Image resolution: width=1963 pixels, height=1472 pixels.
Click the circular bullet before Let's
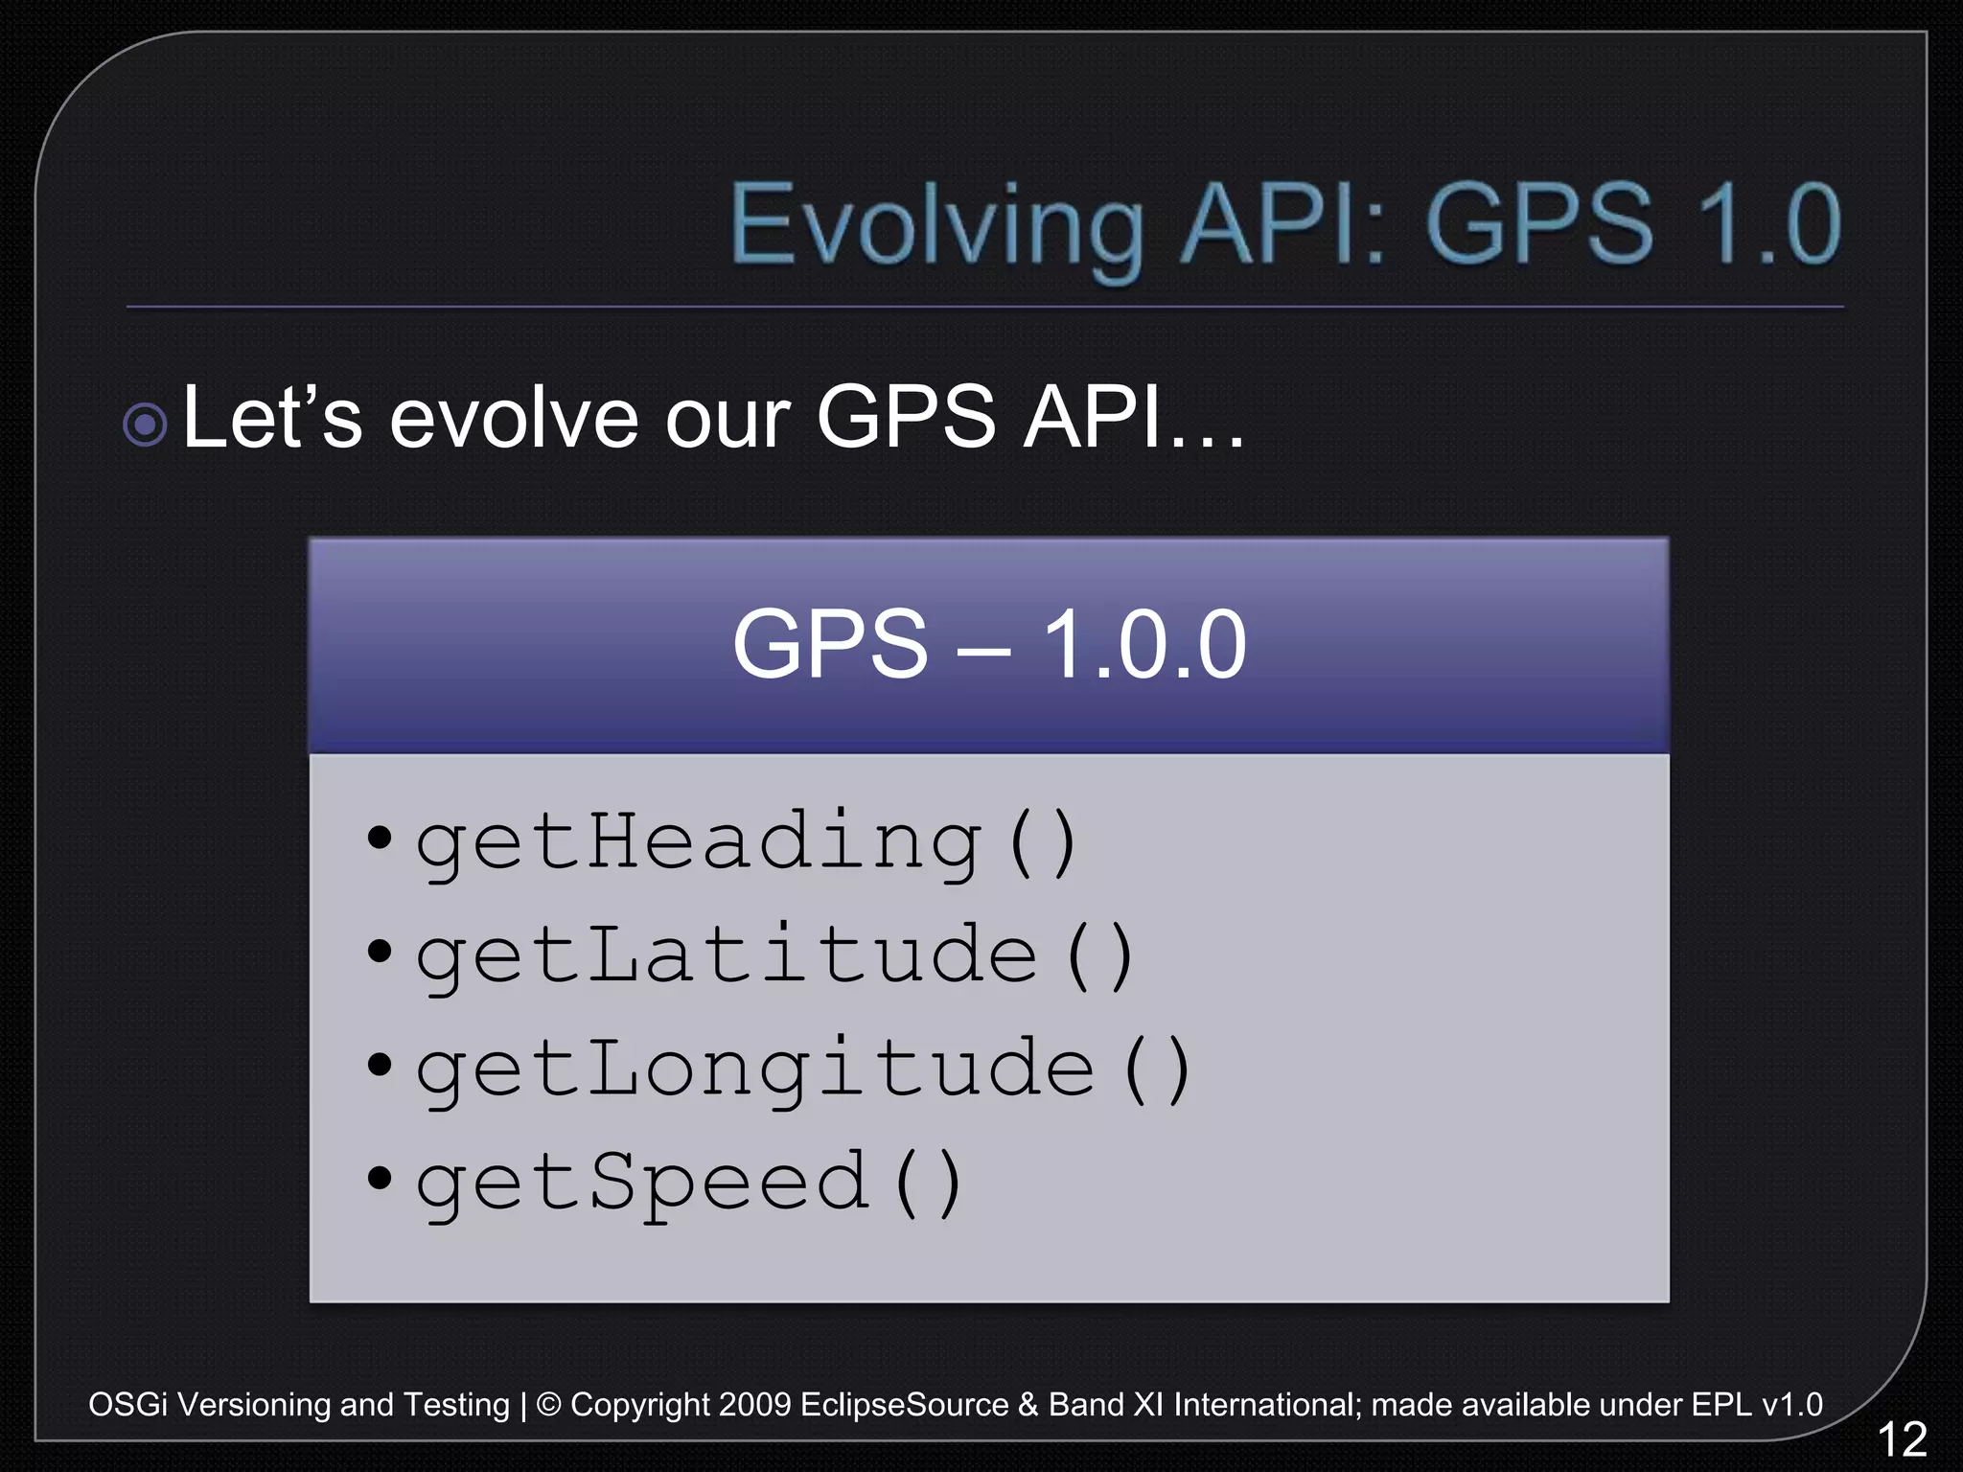pyautogui.click(x=146, y=425)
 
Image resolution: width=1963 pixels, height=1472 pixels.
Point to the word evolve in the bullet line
pyautogui.click(x=514, y=418)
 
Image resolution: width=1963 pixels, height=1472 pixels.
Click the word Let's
pyautogui.click(x=272, y=418)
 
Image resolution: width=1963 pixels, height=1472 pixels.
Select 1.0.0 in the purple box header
pyautogui.click(x=1144, y=646)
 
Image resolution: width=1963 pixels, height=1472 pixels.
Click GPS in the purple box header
pyautogui.click(x=830, y=646)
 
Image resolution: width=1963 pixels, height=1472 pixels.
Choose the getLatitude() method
pyautogui.click(x=774, y=956)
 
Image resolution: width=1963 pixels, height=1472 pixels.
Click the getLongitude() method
pyautogui.click(x=803, y=1069)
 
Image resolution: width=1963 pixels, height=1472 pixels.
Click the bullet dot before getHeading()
pyautogui.click(x=380, y=838)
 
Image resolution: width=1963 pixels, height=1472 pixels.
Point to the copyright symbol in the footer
pyautogui.click(x=548, y=1405)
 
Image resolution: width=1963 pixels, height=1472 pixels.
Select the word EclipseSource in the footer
pyautogui.click(x=904, y=1405)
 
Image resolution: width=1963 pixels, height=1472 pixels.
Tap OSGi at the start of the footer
pyautogui.click(x=127, y=1405)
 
